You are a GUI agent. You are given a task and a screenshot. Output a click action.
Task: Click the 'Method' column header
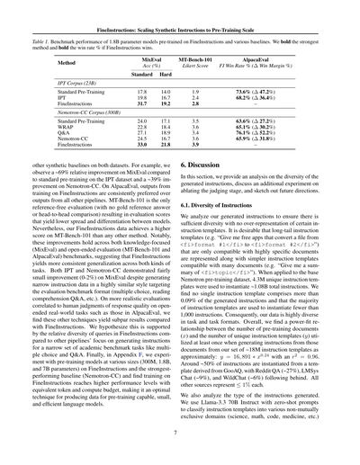(x=67, y=64)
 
